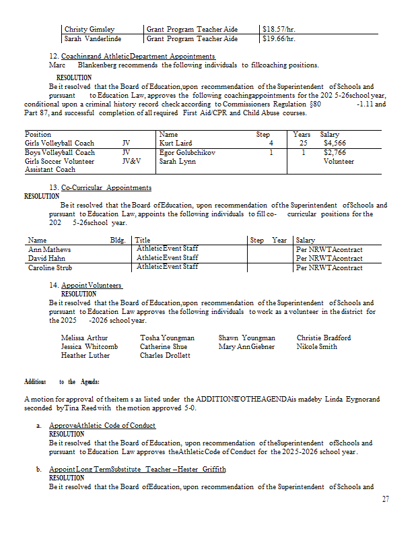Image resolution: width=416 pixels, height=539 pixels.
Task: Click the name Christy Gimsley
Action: pos(89,29)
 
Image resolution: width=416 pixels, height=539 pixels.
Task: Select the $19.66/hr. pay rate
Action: pos(278,38)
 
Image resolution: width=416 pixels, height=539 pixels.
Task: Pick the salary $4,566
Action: pos(334,143)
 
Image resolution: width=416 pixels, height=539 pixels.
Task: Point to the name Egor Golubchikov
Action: pos(187,152)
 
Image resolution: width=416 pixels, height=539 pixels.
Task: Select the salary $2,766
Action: pos(334,152)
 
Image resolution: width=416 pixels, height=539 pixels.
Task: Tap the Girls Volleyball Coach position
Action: pos(59,143)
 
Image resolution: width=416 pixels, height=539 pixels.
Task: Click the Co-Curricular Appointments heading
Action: pos(106,187)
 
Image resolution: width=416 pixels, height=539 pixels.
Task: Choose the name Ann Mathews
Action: pos(49,249)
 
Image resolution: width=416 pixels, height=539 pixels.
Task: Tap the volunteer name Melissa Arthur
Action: pos(84,338)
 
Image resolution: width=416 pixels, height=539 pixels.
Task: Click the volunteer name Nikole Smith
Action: pos(317,346)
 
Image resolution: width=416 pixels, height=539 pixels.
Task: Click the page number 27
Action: pos(385,499)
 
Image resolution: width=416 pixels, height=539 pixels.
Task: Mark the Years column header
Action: pos(302,134)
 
